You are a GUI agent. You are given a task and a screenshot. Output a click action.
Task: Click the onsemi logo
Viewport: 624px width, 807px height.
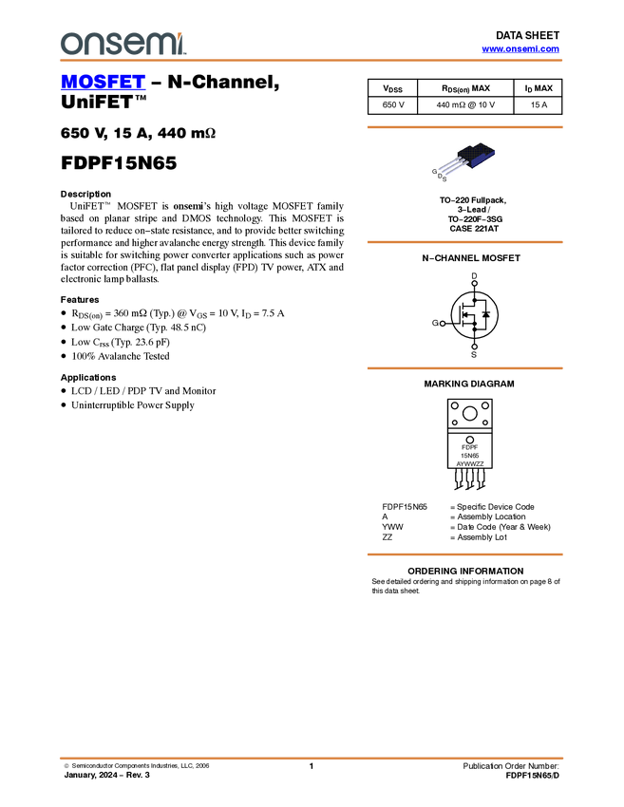(123, 44)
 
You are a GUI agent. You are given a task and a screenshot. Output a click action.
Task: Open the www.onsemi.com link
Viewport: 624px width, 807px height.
(520, 48)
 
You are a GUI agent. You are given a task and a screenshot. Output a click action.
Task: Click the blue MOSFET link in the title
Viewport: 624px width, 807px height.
(103, 82)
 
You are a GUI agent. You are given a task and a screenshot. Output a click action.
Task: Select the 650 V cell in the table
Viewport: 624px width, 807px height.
(393, 105)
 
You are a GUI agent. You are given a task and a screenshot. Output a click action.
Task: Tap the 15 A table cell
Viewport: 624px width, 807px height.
(539, 105)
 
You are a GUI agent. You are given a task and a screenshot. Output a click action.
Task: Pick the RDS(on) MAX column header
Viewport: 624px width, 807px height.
(465, 88)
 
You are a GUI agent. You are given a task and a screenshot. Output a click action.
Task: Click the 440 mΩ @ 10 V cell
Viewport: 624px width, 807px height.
(465, 105)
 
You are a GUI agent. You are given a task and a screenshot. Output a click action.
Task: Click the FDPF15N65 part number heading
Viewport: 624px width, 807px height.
(119, 163)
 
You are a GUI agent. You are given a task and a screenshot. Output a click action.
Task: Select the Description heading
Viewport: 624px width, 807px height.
(86, 194)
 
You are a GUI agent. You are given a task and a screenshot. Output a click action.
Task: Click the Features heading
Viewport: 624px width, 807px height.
(80, 299)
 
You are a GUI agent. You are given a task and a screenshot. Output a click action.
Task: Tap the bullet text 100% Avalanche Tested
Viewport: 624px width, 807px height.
(121, 356)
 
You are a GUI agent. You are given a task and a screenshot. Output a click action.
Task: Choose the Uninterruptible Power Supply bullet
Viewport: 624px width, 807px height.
(133, 405)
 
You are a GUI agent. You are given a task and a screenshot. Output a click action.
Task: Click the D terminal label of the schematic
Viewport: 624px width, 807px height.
(474, 276)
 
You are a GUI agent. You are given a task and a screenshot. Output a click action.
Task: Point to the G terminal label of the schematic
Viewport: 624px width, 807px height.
(435, 323)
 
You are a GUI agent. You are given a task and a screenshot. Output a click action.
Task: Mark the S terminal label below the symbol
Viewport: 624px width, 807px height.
(474, 355)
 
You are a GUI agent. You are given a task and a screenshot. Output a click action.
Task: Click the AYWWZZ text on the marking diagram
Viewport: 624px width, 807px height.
(470, 463)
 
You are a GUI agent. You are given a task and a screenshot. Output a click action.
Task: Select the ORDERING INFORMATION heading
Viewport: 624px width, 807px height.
(465, 572)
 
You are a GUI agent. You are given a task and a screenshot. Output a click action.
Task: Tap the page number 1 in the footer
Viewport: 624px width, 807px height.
(312, 766)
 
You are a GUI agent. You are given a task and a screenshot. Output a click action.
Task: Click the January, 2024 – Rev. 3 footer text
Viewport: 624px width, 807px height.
(107, 775)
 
